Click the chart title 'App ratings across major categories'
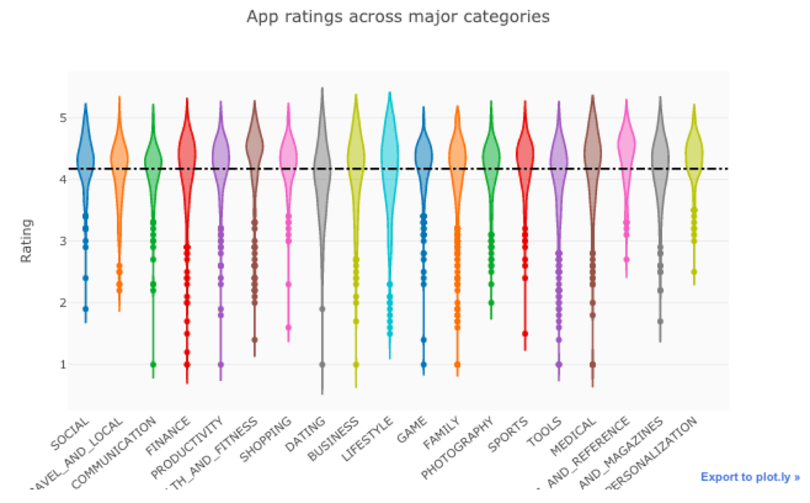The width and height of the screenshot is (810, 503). [x=398, y=16]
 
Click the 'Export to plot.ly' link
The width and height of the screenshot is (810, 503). [x=750, y=477]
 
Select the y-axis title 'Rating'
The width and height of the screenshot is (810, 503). [x=26, y=241]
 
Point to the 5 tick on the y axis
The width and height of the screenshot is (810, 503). [x=63, y=118]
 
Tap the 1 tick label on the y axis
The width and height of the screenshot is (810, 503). [x=63, y=365]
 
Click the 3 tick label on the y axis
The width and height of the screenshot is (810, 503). [x=63, y=241]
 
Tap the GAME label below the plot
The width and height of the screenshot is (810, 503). [x=412, y=430]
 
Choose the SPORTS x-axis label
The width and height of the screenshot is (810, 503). [x=508, y=435]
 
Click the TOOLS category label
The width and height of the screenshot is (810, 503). [x=545, y=431]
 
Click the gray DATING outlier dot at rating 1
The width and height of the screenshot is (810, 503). [x=322, y=365]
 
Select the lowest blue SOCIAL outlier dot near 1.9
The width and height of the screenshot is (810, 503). [x=86, y=309]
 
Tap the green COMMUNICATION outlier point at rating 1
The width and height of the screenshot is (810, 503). [x=153, y=365]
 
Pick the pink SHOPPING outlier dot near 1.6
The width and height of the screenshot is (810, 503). [x=288, y=328]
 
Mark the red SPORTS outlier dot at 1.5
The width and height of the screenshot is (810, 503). [x=525, y=334]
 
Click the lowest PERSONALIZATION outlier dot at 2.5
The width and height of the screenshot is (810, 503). [x=694, y=272]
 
